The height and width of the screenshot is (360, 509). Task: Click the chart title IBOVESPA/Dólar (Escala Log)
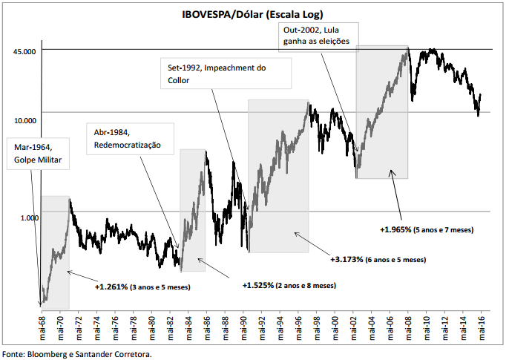[x=254, y=13]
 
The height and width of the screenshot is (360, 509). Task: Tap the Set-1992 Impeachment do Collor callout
[x=225, y=74]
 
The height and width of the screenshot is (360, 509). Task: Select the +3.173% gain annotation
[x=378, y=260]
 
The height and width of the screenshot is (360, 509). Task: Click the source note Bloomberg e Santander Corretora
[x=78, y=354]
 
